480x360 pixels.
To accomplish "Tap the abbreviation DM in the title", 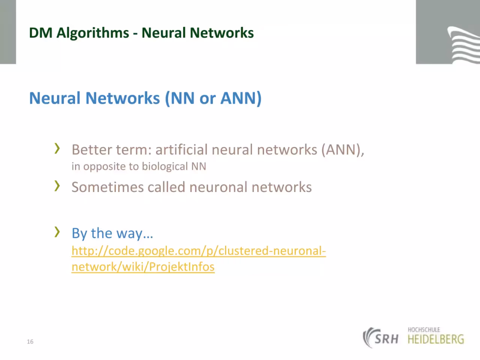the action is (x=40, y=33).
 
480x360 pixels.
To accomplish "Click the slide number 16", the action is (x=30, y=341).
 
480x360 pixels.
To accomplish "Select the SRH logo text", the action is (x=386, y=339).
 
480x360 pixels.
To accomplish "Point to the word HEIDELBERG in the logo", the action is (x=436, y=339).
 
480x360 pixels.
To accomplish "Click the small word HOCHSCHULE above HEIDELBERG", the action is (x=424, y=330).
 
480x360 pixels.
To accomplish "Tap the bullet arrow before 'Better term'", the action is (x=57, y=148).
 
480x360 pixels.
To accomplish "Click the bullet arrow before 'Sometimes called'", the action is (x=57, y=186).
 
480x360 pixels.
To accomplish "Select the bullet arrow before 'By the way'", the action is (x=57, y=232).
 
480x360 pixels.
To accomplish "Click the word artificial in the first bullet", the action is (x=181, y=150).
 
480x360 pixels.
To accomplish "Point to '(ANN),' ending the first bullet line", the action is (x=343, y=150).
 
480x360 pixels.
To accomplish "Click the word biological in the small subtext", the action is (x=165, y=166).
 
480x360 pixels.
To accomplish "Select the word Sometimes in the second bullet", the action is (x=108, y=187).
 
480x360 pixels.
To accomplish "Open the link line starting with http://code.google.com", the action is (x=198, y=251).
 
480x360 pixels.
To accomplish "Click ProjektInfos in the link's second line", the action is (x=182, y=267).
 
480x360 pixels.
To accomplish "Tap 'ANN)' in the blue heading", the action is (x=241, y=99).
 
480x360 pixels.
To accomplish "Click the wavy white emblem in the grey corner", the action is (x=463, y=45).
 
